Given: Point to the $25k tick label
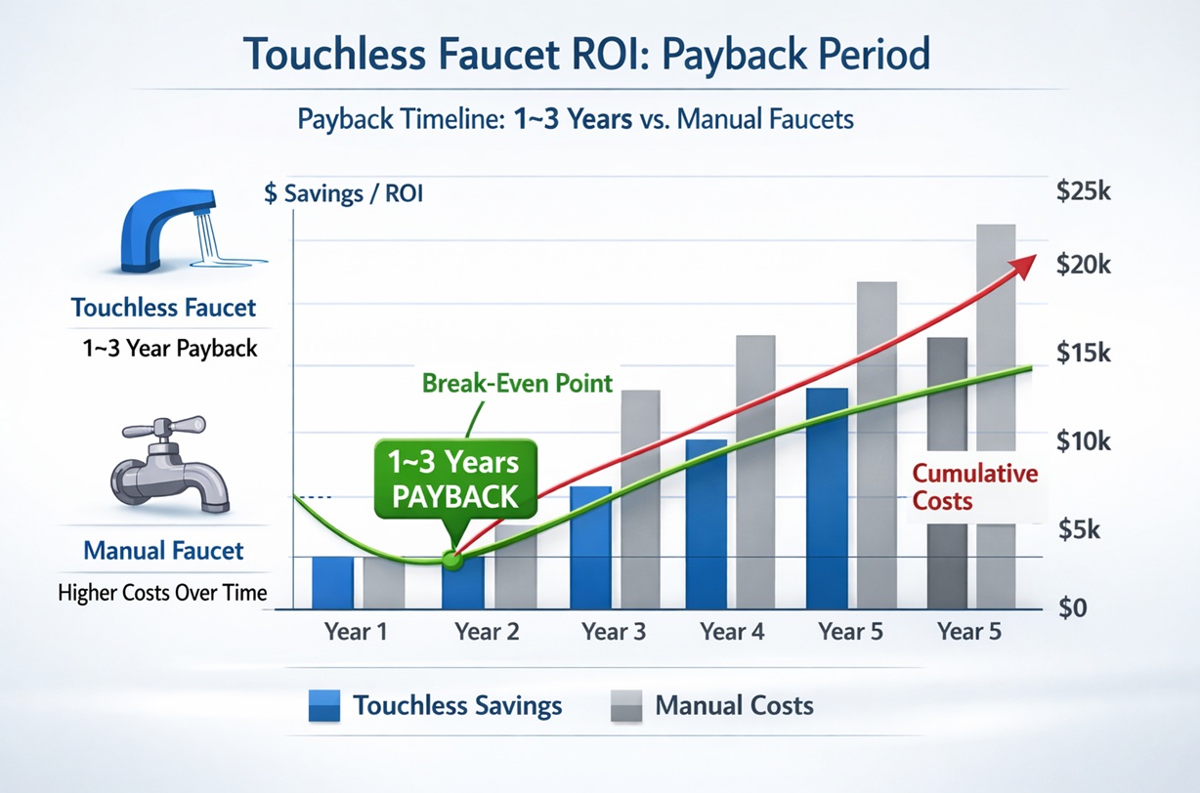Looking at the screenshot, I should (1083, 192).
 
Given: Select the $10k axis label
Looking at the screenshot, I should (1083, 441).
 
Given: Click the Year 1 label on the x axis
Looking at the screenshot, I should (355, 631).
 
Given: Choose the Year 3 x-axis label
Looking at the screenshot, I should (614, 631).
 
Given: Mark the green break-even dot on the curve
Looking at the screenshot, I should (450, 560).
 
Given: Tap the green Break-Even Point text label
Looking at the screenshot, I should (517, 383).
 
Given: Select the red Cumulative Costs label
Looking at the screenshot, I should (974, 486).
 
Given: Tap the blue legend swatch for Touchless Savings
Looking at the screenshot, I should (323, 705).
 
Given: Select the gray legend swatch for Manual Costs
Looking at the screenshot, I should (626, 705).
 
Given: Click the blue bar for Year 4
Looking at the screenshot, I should (707, 524).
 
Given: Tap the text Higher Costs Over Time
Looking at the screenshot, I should (162, 592).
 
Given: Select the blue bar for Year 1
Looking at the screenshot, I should (332, 583).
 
